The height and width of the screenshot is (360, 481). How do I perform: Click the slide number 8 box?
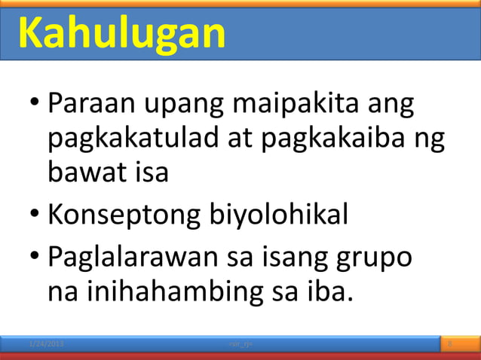[x=450, y=344]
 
